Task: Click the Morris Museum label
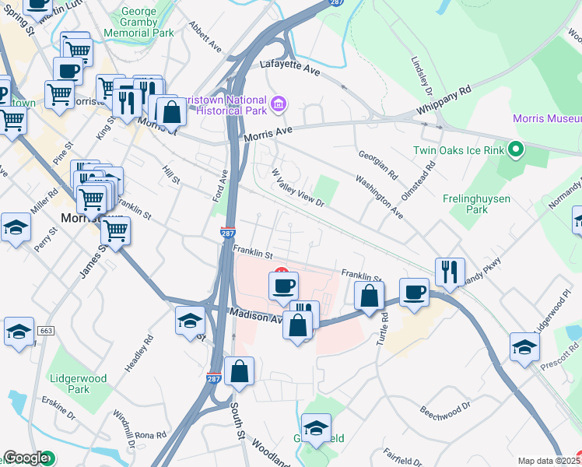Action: click(547, 118)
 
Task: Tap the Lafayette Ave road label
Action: click(290, 68)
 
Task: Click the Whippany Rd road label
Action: click(445, 102)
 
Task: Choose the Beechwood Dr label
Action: click(446, 407)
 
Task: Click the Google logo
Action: click(26, 458)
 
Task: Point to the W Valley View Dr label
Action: click(296, 188)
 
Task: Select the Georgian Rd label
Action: click(378, 164)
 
